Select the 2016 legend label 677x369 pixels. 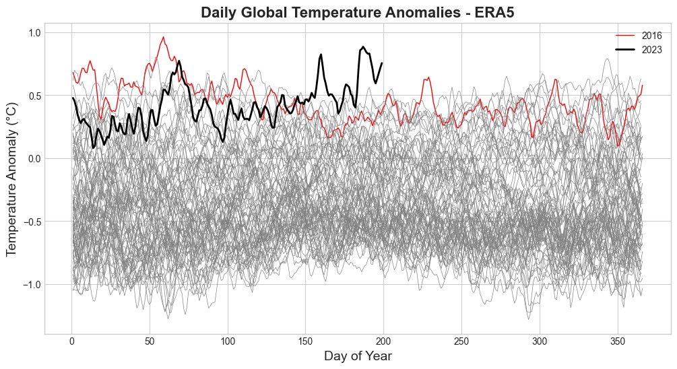pos(651,36)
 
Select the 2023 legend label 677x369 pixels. pos(651,50)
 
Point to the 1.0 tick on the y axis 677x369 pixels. pos(34,33)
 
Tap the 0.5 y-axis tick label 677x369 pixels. pos(34,96)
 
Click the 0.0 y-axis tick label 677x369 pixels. pos(34,159)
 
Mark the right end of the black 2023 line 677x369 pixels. pos(382,63)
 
